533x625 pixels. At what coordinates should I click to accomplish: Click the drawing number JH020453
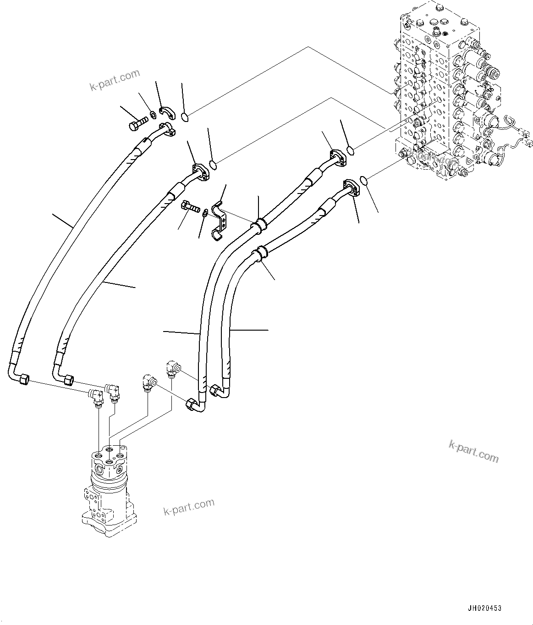pos(485,608)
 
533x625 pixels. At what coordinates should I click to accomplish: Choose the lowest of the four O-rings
pos(364,182)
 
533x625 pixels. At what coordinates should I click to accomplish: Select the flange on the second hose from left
pos(200,171)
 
